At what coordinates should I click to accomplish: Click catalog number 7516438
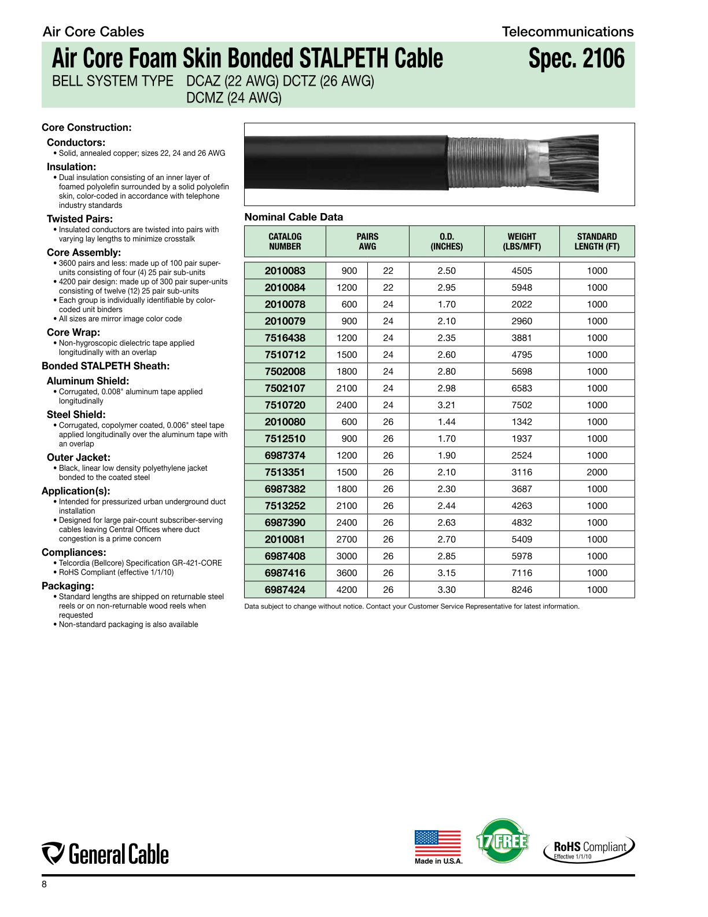coord(285,338)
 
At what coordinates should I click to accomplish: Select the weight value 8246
coord(522,589)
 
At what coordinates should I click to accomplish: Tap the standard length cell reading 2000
coord(597,472)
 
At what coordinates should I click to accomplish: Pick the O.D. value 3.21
coord(447,405)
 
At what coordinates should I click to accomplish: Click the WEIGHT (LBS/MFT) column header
coord(522,241)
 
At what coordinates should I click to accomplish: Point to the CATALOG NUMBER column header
coord(285,241)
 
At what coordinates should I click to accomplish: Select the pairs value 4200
coord(346,589)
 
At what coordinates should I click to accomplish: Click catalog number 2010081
coord(285,539)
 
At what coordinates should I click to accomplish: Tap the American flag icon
coord(438,843)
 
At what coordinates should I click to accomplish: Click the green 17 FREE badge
coord(502,841)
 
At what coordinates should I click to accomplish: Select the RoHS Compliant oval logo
coord(589,849)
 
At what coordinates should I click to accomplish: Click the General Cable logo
coord(105,854)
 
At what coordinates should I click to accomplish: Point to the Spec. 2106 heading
coord(576,59)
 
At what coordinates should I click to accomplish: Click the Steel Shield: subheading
coord(76,415)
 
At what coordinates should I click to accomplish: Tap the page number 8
coord(45,885)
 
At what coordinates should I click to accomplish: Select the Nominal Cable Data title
coord(293,217)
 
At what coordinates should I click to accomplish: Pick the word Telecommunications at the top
coord(567,32)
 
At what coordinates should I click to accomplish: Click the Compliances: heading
coord(73,552)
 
